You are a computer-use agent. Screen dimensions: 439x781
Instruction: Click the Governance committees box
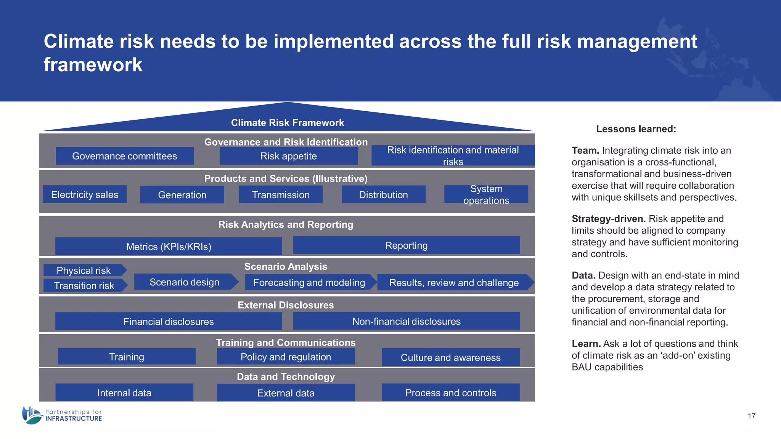coord(125,156)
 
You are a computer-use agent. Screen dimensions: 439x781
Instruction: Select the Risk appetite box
coord(288,156)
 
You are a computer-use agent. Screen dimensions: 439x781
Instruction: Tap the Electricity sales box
coord(85,194)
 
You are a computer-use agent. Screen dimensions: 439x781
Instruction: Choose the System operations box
coord(486,194)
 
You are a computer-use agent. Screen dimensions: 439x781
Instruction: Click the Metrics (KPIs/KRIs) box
coord(169,247)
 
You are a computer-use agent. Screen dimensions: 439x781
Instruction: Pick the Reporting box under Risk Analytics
coord(406,245)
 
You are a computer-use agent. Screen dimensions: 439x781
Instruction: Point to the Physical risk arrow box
coord(84,270)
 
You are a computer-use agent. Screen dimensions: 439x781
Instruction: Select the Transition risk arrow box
coord(84,285)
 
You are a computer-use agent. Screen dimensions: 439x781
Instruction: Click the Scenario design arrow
coord(185,282)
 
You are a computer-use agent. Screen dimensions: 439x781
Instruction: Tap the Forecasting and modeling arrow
coord(309,282)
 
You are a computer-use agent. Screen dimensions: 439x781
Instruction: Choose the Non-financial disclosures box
coord(406,321)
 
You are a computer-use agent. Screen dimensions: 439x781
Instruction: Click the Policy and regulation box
coord(286,357)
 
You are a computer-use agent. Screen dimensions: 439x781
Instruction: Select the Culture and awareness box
coord(450,357)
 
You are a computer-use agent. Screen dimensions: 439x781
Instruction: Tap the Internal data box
coord(124,393)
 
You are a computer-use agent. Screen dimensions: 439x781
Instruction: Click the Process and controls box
coord(450,393)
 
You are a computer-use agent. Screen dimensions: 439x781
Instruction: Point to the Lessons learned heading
coord(636,129)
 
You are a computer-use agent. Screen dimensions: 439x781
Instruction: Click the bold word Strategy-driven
coord(608,219)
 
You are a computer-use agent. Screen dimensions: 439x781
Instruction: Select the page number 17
coord(751,416)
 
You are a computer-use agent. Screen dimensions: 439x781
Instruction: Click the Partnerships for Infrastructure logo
coord(62,415)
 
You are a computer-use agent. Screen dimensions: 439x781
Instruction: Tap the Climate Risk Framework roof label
coord(287,123)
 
